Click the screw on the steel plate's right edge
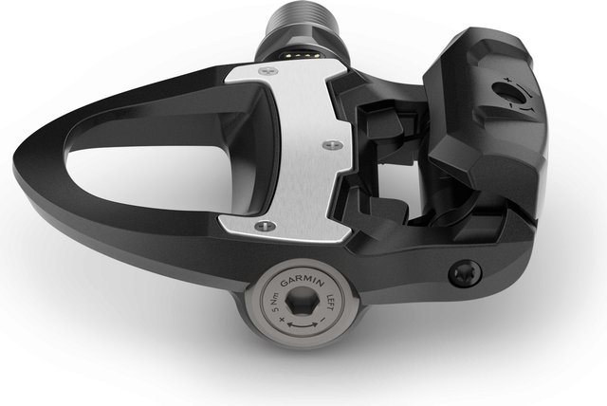pyautogui.click(x=329, y=144)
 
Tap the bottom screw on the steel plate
pyautogui.click(x=264, y=226)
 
